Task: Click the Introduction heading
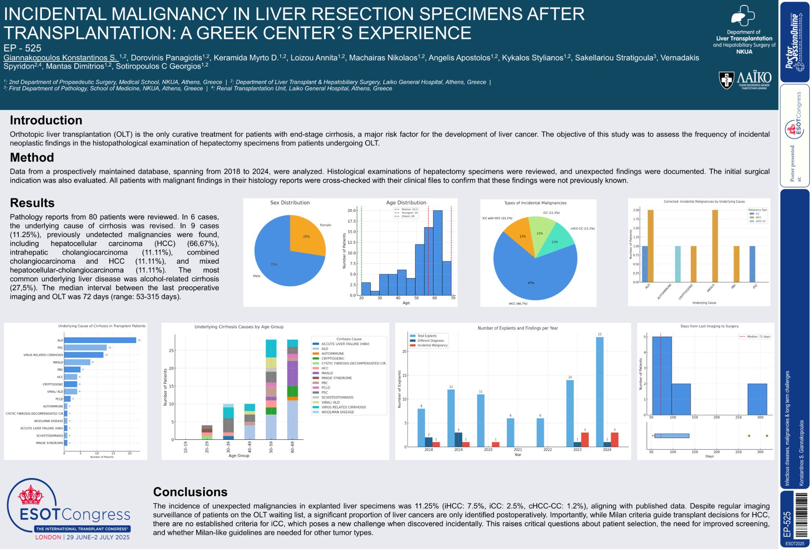pos(46,120)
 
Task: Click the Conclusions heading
pos(190,492)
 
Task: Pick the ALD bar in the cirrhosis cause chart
pos(100,340)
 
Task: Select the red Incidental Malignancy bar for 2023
pos(585,439)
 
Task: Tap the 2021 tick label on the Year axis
pos(518,450)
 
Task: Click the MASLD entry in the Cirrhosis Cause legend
pos(327,373)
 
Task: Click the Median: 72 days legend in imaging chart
pos(755,336)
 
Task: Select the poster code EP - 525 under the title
pos(22,48)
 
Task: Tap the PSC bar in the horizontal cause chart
pos(86,348)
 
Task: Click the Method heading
pos(32,158)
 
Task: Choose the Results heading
pos(32,203)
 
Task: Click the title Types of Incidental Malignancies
pos(535,203)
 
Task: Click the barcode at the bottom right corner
pos(800,515)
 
